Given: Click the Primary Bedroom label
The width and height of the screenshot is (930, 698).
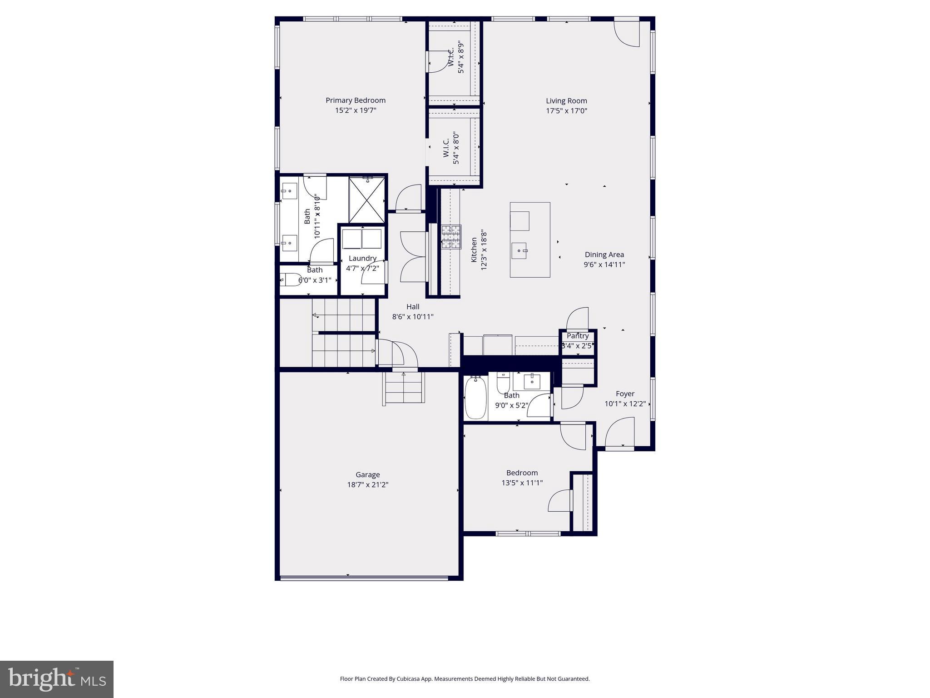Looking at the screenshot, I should click(355, 100).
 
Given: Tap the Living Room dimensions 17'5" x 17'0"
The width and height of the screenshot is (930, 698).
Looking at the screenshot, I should click(566, 111).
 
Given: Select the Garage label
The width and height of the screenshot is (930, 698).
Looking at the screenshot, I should click(367, 475).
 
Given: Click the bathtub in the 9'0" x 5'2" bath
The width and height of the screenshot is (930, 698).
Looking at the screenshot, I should click(475, 397).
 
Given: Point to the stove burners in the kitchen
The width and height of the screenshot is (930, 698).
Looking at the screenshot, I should click(451, 237).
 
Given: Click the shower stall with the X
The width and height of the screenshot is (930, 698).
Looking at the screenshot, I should click(367, 200).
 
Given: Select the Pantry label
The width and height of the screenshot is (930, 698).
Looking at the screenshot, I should click(577, 336).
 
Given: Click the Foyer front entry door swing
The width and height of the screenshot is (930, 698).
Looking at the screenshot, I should click(620, 432).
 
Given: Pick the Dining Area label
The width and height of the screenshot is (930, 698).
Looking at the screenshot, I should click(604, 254).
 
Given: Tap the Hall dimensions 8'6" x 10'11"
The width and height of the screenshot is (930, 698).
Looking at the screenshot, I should click(413, 317).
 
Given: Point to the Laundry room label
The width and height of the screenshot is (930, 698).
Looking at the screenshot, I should click(362, 258).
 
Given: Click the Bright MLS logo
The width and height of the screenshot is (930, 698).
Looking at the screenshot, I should click(57, 679).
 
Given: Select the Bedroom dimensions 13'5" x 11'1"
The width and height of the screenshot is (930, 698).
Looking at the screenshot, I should click(522, 483).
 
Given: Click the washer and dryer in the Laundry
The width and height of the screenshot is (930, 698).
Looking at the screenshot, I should click(361, 239).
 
